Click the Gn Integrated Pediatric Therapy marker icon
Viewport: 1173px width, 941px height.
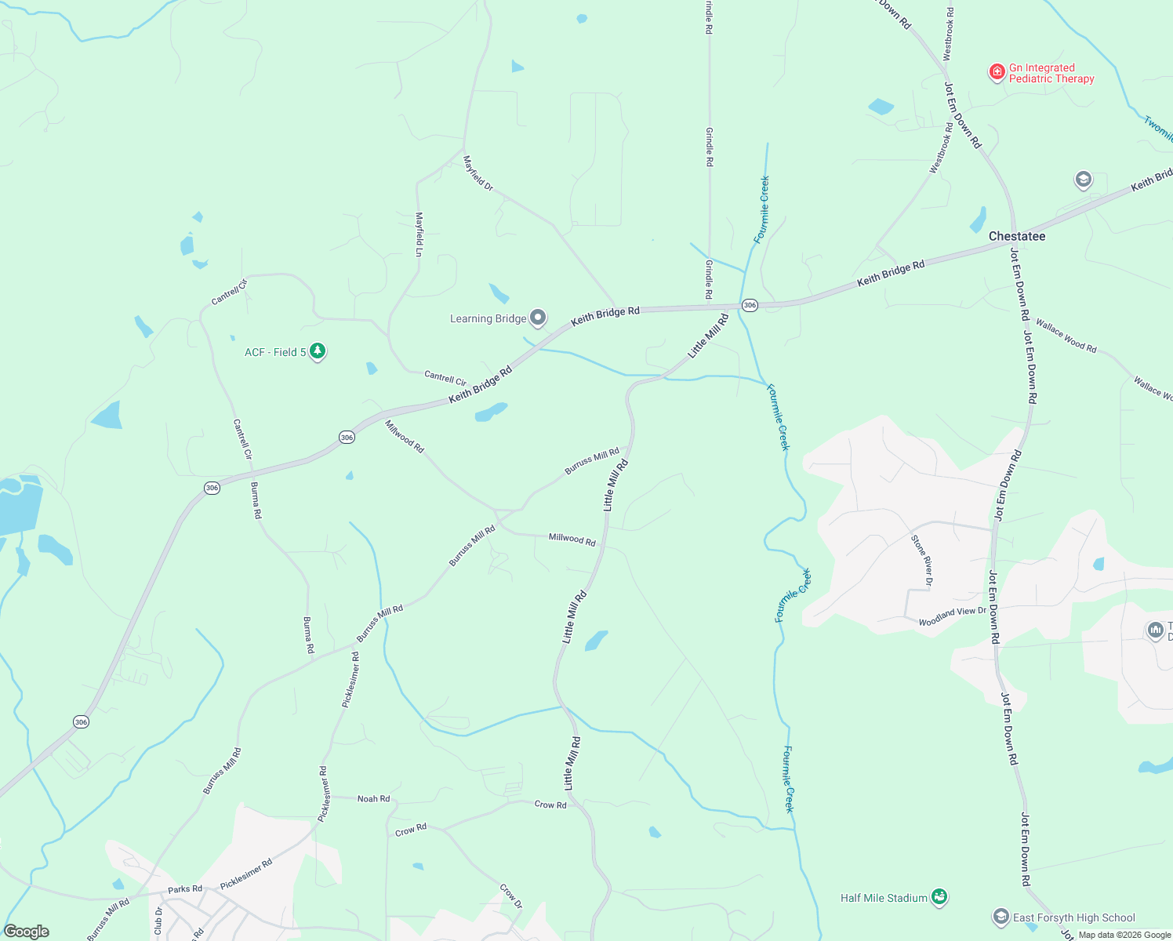[x=997, y=73]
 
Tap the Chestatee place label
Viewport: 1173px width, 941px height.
[x=1016, y=236]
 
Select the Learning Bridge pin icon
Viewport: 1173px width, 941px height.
[x=538, y=318]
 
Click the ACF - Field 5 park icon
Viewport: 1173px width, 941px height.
[x=318, y=351]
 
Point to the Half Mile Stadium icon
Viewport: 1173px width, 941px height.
[x=939, y=897]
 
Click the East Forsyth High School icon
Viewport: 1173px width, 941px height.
[x=1000, y=917]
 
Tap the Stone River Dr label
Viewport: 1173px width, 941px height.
[x=921, y=560]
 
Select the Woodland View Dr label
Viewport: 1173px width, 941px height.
[x=952, y=616]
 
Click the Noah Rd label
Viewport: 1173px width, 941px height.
[x=373, y=798]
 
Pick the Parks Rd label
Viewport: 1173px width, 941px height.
[x=185, y=889]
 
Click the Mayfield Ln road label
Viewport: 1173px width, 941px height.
[x=419, y=234]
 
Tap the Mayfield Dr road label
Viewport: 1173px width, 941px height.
[x=478, y=173]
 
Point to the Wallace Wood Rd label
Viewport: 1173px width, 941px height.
[x=1066, y=335]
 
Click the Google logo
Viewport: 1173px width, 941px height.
[x=27, y=932]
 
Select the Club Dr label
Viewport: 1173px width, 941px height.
[x=158, y=921]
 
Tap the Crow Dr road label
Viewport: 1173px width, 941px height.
[x=511, y=896]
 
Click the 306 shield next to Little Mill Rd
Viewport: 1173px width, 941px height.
[x=750, y=305]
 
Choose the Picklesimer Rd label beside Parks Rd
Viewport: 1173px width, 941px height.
[x=246, y=874]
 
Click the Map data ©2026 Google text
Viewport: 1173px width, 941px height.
[x=1124, y=935]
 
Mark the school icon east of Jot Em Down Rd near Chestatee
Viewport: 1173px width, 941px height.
[x=1083, y=180]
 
